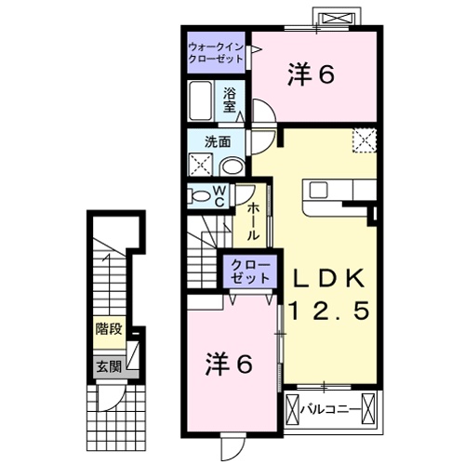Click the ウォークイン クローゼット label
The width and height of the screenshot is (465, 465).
point(216,52)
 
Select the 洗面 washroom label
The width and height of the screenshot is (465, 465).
point(218,142)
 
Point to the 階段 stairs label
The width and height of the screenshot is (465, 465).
point(109,328)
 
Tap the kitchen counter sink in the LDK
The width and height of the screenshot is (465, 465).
point(321,191)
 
